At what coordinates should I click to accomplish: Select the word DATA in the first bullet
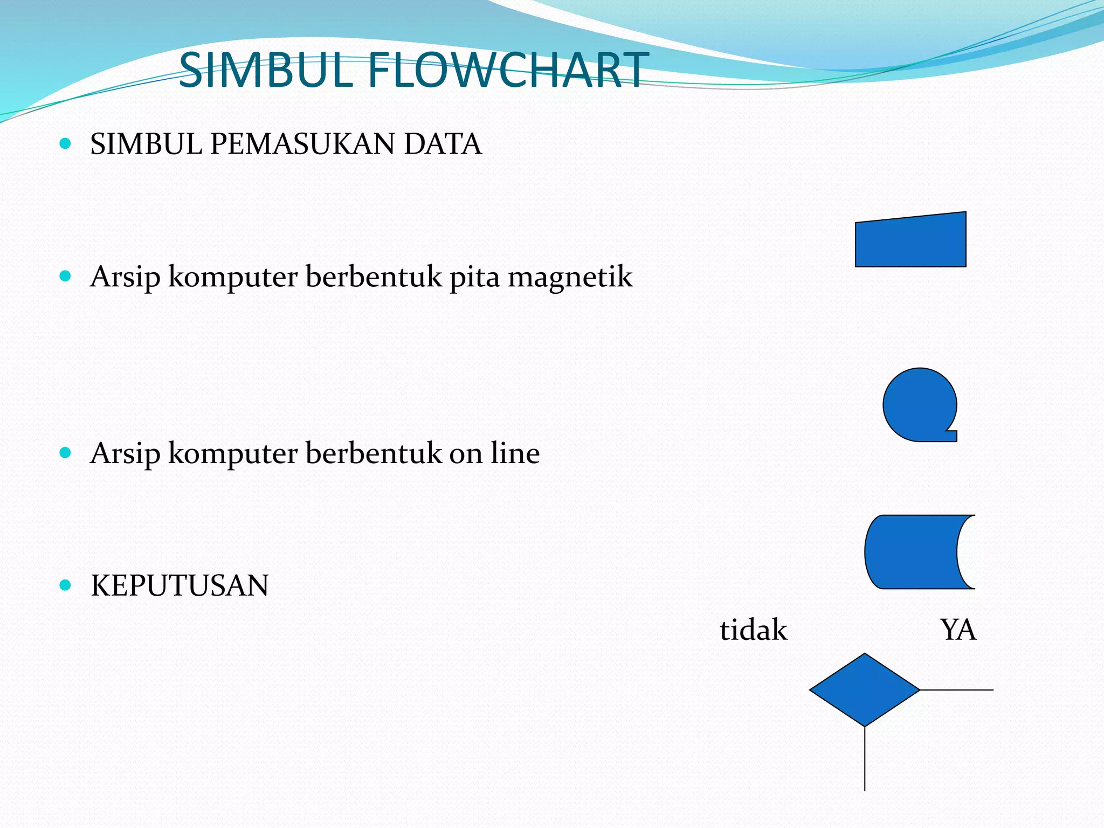point(442,144)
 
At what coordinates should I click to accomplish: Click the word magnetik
point(570,278)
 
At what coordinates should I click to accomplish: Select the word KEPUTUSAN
point(180,586)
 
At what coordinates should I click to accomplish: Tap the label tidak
point(753,630)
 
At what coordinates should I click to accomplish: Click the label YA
point(958,630)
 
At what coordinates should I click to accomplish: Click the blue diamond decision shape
point(865,690)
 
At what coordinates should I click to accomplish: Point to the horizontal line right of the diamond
point(957,690)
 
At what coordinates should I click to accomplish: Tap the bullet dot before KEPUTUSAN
point(65,585)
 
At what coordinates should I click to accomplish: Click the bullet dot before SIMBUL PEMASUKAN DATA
point(65,143)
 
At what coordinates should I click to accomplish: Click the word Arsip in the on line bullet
point(125,454)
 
